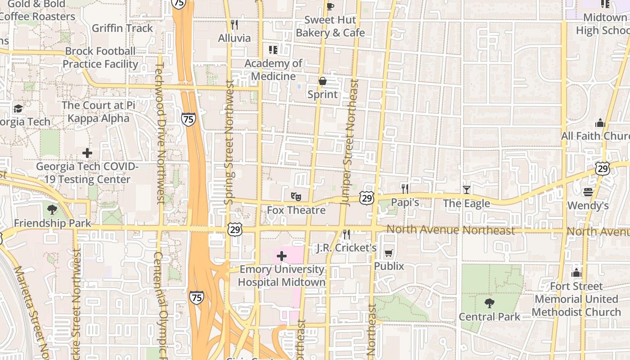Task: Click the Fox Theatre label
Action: (x=296, y=210)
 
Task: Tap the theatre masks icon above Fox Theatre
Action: (x=296, y=197)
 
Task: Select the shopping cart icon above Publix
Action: (x=388, y=253)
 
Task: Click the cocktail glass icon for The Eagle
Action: (x=467, y=190)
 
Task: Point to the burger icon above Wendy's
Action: (x=588, y=192)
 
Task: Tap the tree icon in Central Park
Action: (x=490, y=303)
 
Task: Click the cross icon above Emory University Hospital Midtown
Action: (x=282, y=256)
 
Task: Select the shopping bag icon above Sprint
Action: (x=322, y=81)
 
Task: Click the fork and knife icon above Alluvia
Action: (x=234, y=24)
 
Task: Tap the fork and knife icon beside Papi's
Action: (x=405, y=189)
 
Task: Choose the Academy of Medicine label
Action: (x=273, y=70)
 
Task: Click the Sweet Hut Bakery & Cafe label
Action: (x=330, y=26)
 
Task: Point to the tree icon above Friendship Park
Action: (x=52, y=209)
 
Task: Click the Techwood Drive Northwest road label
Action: (x=161, y=133)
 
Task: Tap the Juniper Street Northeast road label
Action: (x=350, y=143)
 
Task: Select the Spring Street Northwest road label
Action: (x=230, y=142)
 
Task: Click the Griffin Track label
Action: (x=122, y=28)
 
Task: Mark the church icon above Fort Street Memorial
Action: (x=576, y=273)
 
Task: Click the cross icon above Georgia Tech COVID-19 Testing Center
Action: (x=87, y=153)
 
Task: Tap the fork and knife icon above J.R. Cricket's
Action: (x=346, y=234)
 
